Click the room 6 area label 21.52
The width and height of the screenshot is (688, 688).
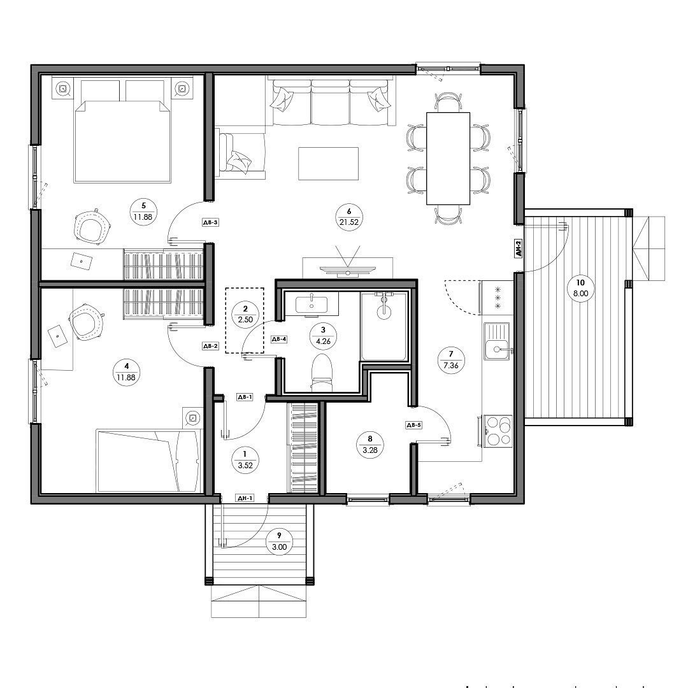tap(349, 222)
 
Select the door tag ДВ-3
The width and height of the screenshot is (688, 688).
tap(210, 222)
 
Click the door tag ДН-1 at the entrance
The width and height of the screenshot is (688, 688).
tap(245, 498)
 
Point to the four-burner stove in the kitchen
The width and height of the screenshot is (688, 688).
tap(498, 431)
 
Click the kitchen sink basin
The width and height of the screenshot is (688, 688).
tap(496, 349)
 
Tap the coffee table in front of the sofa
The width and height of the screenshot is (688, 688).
tap(328, 164)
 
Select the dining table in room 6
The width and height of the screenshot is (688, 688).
tap(448, 159)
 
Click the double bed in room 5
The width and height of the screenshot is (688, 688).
tap(122, 131)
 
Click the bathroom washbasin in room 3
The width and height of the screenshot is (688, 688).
tap(312, 303)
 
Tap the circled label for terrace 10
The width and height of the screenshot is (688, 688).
tap(580, 289)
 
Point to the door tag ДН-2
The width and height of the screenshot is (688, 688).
tap(518, 248)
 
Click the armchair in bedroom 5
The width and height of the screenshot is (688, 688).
tap(91, 226)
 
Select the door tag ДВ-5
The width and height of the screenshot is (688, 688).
tap(413, 425)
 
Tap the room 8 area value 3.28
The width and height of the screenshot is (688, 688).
tap(370, 450)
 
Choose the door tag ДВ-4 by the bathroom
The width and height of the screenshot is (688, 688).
tap(278, 339)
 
